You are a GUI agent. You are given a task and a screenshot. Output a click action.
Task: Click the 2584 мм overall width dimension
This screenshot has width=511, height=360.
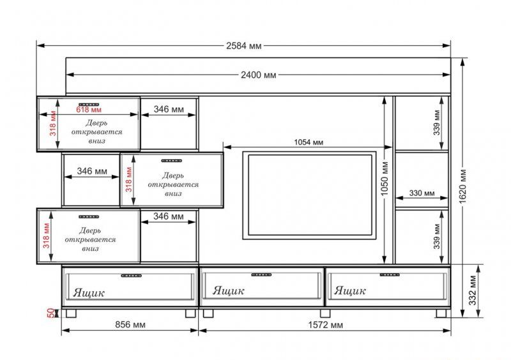click(244, 45)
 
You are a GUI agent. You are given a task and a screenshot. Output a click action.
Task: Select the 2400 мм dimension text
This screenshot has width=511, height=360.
click(259, 75)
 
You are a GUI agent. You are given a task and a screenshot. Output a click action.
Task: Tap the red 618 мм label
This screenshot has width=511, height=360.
click(89, 109)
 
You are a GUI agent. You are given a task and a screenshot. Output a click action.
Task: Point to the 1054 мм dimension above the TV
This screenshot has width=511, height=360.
click(309, 142)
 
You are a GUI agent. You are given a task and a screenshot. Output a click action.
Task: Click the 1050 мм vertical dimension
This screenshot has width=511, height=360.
click(385, 179)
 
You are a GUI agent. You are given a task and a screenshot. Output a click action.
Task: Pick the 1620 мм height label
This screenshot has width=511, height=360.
click(463, 186)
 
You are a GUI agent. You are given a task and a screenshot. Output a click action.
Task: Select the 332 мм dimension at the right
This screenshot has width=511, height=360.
click(473, 290)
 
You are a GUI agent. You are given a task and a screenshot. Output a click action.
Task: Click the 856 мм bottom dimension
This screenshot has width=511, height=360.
click(130, 324)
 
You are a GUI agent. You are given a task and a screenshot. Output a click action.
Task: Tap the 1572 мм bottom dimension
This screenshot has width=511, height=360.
click(326, 325)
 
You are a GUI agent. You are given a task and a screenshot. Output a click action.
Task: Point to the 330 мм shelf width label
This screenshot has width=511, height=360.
click(422, 193)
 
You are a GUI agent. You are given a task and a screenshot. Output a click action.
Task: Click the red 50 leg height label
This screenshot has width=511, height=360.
click(51, 313)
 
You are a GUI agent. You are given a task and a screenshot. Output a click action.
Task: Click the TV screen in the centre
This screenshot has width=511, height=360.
click(310, 195)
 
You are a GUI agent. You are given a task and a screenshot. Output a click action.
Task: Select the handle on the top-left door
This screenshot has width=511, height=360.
click(89, 105)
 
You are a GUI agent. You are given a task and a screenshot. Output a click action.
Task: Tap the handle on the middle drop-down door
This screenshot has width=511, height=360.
click(172, 161)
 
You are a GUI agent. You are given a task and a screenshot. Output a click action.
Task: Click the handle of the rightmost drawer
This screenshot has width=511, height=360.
click(390, 274)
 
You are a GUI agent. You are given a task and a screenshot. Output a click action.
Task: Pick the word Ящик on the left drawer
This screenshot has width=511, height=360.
click(89, 292)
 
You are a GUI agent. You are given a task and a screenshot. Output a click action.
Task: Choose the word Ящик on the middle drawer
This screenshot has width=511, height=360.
click(228, 290)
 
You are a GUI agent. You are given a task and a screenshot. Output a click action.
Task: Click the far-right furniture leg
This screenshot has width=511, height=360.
click(441, 313)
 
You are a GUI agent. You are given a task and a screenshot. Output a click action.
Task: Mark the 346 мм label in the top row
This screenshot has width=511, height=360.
click(169, 109)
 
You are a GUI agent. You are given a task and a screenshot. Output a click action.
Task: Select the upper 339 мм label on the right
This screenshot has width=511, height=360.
click(437, 123)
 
